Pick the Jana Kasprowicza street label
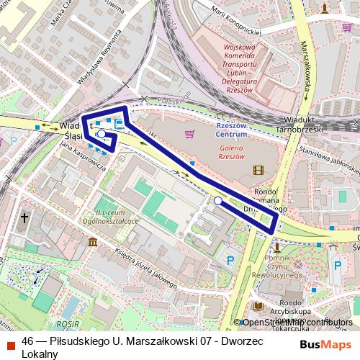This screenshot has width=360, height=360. click(x=84, y=155)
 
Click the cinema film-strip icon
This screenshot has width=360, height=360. click(x=258, y=170)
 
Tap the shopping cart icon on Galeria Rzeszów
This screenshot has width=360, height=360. click(x=189, y=133)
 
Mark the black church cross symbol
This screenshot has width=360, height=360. click(x=24, y=217)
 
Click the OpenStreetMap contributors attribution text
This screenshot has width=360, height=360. click(x=297, y=323)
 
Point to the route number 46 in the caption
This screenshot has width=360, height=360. click(x=29, y=341)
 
